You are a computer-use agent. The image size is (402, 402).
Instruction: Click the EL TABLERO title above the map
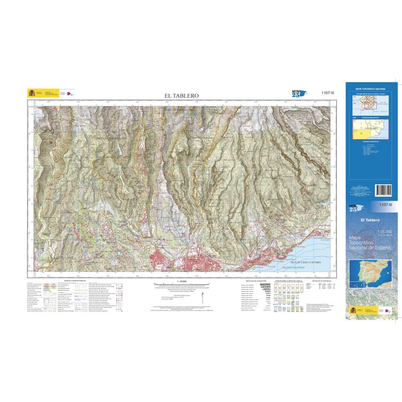(x=181, y=96)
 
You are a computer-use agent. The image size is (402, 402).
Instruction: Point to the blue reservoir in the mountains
(x=119, y=149)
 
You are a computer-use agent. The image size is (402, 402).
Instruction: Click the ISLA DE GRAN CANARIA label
(x=304, y=262)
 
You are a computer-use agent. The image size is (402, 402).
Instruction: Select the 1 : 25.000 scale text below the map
(x=181, y=281)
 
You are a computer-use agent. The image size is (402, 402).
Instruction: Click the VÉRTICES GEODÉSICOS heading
(x=321, y=281)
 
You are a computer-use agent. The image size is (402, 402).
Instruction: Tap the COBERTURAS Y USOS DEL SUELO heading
(x=288, y=281)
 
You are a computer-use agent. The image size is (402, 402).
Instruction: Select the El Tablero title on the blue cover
(x=370, y=220)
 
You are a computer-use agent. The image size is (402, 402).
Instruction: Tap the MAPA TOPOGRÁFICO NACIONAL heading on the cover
(x=371, y=89)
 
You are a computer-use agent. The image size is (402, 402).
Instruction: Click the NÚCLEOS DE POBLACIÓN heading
(x=256, y=281)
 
